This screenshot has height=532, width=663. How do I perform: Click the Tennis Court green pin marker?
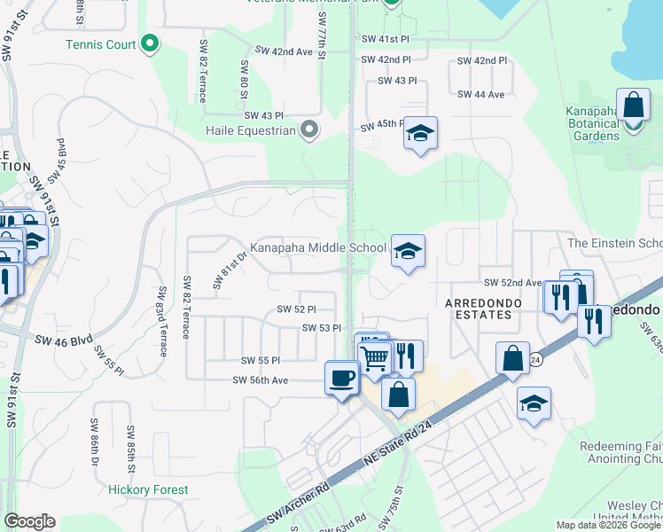150,43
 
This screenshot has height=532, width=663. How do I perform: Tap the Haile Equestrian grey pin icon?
309,130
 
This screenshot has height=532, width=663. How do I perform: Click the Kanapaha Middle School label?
317,248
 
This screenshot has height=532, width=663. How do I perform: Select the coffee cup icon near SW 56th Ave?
341,379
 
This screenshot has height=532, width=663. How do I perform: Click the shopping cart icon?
375,358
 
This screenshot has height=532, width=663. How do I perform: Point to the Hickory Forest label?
148,489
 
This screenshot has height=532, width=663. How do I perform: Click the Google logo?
29,521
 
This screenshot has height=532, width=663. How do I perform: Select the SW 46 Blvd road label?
64,340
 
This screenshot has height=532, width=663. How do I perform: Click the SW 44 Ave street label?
480,95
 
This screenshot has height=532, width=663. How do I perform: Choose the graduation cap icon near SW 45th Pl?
420,134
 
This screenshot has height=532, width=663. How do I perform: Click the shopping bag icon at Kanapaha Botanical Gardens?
634,106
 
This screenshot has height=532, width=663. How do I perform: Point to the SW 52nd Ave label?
512,283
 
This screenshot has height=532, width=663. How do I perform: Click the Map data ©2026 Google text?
607,524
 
